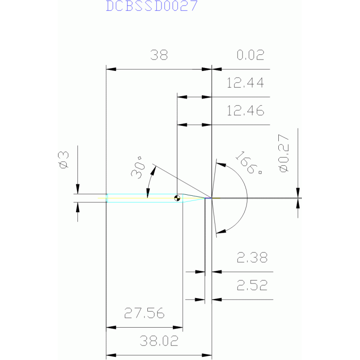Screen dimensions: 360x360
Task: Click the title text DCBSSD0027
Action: (x=152, y=6)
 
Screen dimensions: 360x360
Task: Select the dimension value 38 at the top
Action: (x=159, y=55)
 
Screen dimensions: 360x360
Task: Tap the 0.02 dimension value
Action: (x=251, y=55)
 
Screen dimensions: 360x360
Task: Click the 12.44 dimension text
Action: (x=245, y=83)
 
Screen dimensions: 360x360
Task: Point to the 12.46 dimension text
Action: (x=245, y=111)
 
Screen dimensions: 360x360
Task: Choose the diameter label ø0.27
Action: (x=284, y=153)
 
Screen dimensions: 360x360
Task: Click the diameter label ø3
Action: (x=63, y=160)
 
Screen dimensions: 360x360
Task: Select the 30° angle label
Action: (x=138, y=168)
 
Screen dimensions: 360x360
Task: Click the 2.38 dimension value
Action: (x=252, y=258)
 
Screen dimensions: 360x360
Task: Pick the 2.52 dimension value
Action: (x=252, y=285)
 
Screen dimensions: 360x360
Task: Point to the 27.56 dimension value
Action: (x=145, y=313)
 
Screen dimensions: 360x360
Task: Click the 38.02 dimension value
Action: (x=159, y=341)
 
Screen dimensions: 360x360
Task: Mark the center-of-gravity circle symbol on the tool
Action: (x=177, y=198)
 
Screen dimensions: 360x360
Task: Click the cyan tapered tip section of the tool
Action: (x=194, y=198)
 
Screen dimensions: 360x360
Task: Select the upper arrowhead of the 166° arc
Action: (x=221, y=164)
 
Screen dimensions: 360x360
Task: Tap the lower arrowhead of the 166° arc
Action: (x=221, y=231)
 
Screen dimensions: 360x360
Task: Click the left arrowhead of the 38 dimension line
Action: (x=111, y=69)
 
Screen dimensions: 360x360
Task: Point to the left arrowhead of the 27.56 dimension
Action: (x=111, y=328)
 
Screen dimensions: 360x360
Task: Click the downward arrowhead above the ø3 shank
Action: (x=77, y=189)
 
